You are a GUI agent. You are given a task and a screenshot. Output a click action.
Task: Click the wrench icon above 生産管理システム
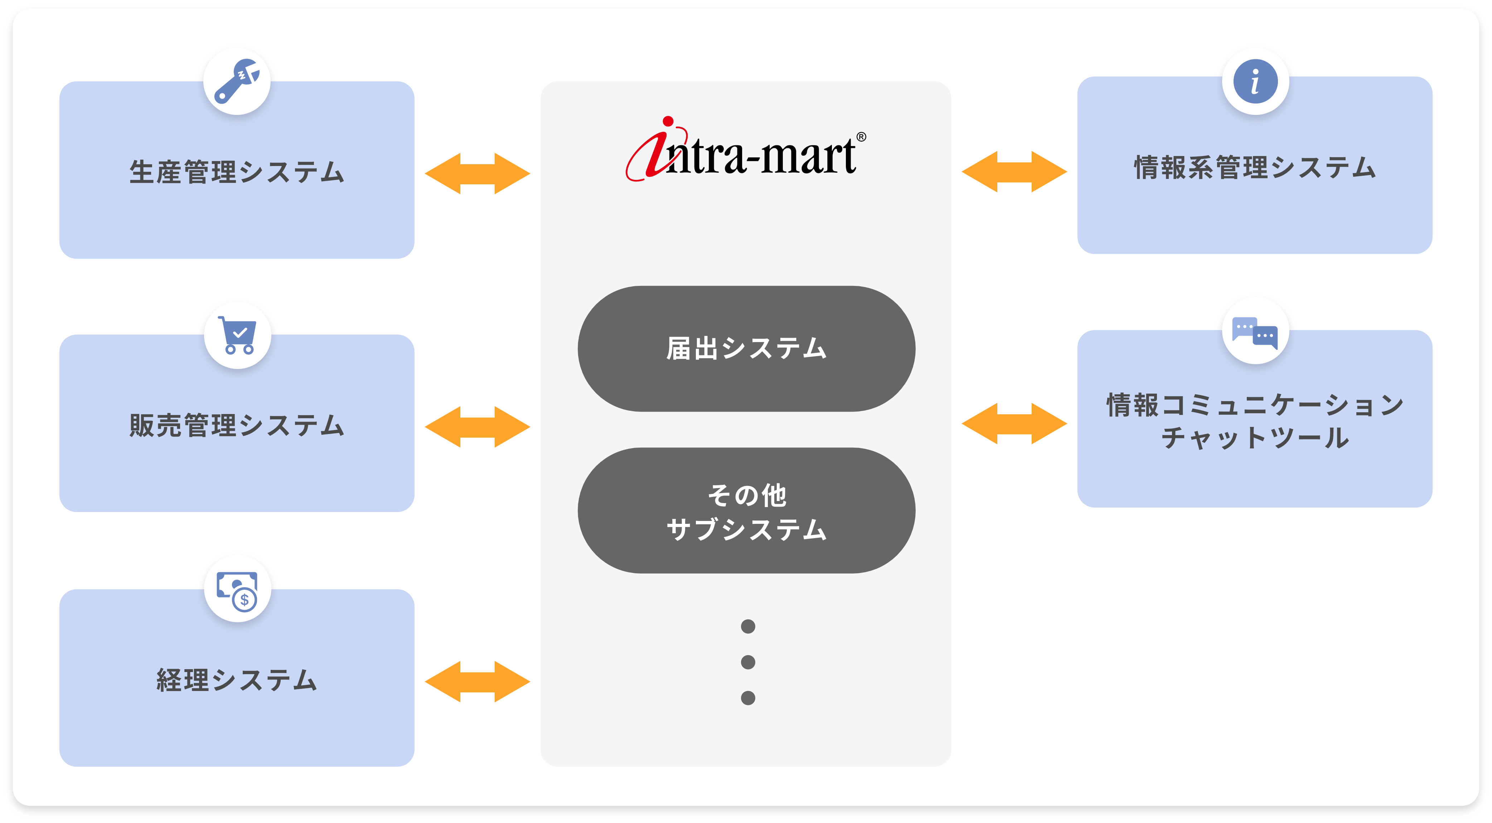pos(237,82)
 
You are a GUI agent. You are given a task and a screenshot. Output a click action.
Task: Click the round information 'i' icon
pos(1255,82)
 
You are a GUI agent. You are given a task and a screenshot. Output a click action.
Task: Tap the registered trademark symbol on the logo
pos(861,137)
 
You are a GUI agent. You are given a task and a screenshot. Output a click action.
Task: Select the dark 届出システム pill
pos(746,349)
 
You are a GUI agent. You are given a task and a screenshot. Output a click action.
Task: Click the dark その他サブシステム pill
pos(746,511)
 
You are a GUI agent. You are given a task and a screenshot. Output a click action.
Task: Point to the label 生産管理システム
pos(237,172)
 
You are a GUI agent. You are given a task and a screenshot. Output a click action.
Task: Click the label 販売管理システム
pos(237,426)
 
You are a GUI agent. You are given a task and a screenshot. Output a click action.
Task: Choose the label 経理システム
pos(237,680)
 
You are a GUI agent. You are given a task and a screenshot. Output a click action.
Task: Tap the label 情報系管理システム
pos(1255,168)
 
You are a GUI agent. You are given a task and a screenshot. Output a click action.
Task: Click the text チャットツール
pos(1255,438)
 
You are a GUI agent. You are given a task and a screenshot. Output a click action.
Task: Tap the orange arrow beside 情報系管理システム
pos(1014,171)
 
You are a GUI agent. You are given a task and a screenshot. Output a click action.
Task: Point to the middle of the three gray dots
pos(748,662)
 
